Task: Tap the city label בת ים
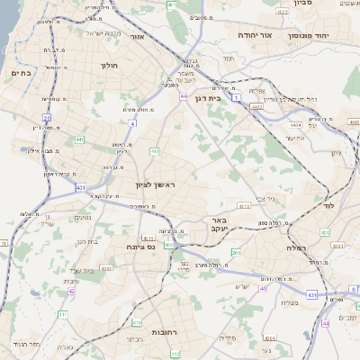22,72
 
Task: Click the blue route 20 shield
46,117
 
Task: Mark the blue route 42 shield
71,291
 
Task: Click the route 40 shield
263,288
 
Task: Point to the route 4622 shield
283,13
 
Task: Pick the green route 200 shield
236,253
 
